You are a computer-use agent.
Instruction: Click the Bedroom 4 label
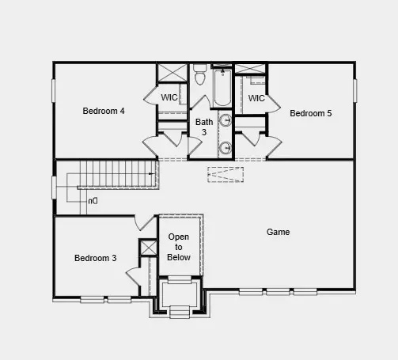[104, 111]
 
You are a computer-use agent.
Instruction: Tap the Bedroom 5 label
[310, 113]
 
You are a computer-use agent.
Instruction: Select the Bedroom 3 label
[96, 258]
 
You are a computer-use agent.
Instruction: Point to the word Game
[278, 232]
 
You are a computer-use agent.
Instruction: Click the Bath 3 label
[204, 127]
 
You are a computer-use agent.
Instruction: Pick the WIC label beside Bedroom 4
[169, 98]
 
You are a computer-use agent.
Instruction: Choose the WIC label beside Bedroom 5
[256, 98]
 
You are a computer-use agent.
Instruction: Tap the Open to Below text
[179, 247]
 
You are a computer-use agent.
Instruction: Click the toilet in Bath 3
[200, 75]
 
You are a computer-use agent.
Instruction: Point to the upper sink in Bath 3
[225, 121]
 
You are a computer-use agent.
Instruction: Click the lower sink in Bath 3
[225, 147]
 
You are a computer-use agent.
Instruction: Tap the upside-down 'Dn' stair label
[93, 201]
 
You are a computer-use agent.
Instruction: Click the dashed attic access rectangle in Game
[226, 175]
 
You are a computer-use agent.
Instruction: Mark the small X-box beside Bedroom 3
[148, 248]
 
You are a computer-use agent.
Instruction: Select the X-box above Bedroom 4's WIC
[171, 73]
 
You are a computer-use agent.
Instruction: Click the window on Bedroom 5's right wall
[354, 90]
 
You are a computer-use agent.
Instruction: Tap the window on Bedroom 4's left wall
[54, 90]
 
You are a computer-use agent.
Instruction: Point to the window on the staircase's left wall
[54, 188]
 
